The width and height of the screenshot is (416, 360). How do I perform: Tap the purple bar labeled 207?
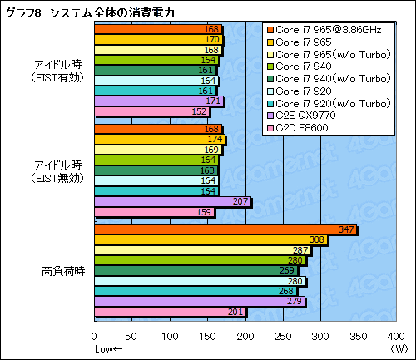(172, 202)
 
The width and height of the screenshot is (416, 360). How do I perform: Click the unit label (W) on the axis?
(401, 347)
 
